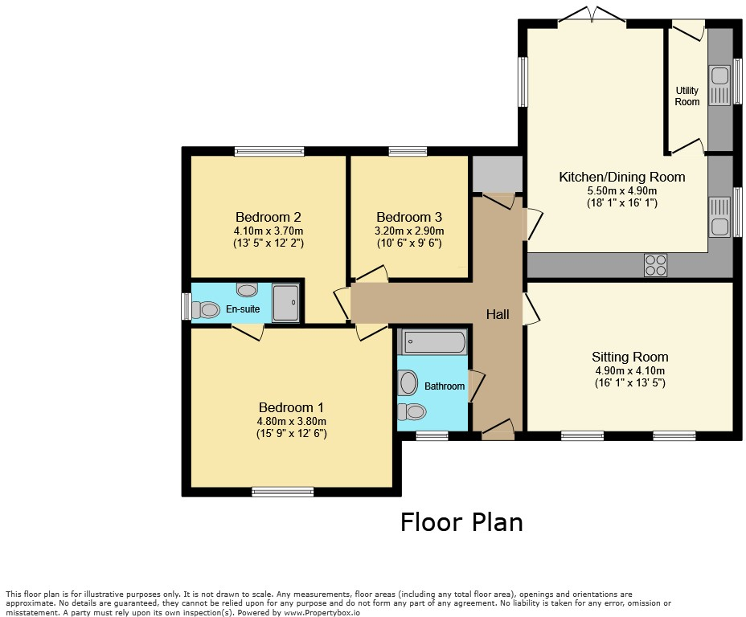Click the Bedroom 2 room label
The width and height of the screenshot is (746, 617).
268,217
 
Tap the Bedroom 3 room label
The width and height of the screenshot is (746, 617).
408,217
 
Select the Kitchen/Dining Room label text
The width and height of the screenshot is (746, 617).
621,177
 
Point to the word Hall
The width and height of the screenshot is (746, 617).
498,315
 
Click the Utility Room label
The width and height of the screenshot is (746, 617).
687,96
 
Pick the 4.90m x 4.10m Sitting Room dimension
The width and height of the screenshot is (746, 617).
629,370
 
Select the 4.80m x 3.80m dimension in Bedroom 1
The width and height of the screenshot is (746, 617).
291,421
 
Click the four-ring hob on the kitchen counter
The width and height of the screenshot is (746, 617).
655,264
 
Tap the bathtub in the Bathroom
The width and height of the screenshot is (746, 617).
432,342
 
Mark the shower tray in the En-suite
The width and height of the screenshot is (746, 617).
286,303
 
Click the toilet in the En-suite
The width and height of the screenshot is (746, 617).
207,309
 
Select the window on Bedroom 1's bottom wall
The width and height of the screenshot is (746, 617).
282,492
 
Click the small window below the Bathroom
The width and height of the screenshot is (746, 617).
432,435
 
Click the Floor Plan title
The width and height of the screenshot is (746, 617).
461,522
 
